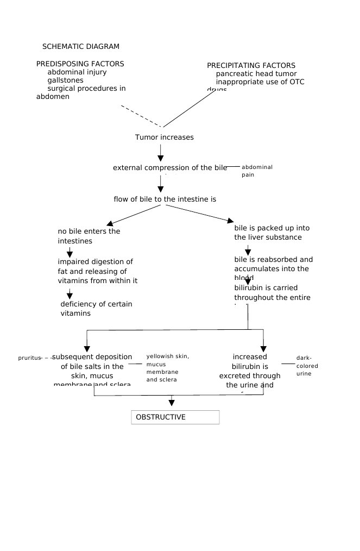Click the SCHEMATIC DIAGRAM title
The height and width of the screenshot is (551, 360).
click(80, 47)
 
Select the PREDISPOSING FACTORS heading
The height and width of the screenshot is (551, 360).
click(80, 64)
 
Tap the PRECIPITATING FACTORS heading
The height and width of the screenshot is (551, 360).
click(251, 66)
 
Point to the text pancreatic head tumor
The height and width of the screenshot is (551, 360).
click(256, 74)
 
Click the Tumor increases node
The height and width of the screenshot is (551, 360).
click(164, 137)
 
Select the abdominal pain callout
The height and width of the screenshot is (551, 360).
click(256, 171)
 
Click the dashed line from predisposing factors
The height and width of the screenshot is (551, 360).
click(141, 116)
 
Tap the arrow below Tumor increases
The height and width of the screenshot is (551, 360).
click(161, 151)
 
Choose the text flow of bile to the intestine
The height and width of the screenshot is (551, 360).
click(165, 199)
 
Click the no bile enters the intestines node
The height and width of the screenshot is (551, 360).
click(89, 236)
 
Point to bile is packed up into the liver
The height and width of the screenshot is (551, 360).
click(271, 233)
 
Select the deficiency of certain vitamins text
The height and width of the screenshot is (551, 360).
click(96, 309)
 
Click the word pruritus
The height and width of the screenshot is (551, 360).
click(29, 358)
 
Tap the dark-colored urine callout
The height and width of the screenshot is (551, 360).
click(307, 366)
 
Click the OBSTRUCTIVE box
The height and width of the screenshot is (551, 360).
click(175, 417)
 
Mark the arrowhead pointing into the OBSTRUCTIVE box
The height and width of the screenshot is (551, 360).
click(172, 403)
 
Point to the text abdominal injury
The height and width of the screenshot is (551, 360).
click(77, 72)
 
